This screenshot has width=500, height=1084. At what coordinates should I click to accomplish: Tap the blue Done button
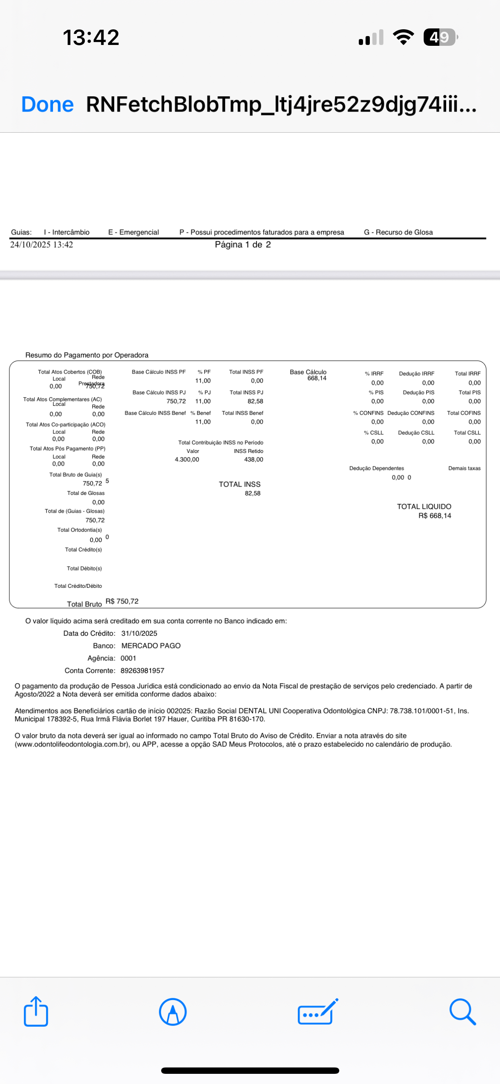(x=47, y=104)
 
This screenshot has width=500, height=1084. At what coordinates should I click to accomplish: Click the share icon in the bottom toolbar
(x=36, y=1011)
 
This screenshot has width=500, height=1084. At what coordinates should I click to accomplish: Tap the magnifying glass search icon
(x=462, y=1011)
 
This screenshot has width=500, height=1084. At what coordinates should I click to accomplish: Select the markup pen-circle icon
(x=173, y=1011)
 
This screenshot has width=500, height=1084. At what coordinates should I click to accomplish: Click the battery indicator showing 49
(x=440, y=37)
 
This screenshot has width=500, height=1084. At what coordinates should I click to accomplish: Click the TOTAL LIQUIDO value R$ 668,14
(x=434, y=516)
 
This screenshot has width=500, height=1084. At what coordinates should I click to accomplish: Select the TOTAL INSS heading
(x=240, y=484)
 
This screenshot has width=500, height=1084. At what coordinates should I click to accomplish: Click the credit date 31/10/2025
(x=139, y=633)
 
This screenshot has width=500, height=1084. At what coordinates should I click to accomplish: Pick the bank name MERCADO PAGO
(x=151, y=645)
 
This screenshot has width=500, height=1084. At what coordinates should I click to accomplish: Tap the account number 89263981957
(x=142, y=671)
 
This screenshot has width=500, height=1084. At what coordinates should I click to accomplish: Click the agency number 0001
(x=128, y=658)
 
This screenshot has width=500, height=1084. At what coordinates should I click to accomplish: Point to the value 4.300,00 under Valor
(x=187, y=459)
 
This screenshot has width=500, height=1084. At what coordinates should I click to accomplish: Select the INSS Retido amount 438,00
(x=254, y=459)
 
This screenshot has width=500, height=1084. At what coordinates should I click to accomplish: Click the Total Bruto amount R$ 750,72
(x=122, y=601)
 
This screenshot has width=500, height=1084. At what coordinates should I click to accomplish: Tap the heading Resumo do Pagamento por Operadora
(x=87, y=355)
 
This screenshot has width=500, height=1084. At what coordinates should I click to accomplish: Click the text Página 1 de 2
(x=243, y=245)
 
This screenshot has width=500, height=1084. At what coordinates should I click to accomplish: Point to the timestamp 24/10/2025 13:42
(x=42, y=245)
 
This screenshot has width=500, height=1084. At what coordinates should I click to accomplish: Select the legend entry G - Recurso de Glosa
(x=398, y=232)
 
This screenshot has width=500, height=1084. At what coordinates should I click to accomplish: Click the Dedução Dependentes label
(x=377, y=468)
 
